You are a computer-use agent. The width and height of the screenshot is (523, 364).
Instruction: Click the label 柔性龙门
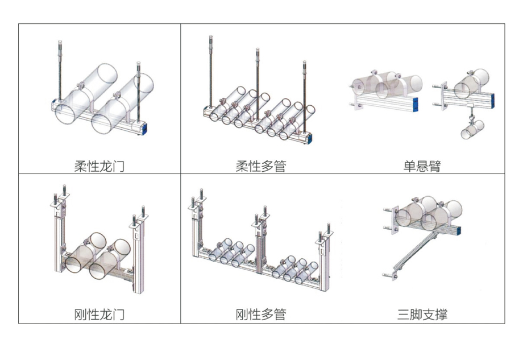pyautogui.click(x=99, y=167)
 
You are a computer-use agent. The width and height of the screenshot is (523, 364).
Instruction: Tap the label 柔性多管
pyautogui.click(x=261, y=167)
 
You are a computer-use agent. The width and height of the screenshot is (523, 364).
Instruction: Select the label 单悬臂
pyautogui.click(x=422, y=167)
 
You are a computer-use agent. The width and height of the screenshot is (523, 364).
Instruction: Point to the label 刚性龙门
pyautogui.click(x=99, y=314)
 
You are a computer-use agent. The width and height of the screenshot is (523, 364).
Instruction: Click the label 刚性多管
pyautogui.click(x=261, y=314)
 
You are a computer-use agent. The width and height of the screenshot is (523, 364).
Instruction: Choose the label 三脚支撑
pyautogui.click(x=422, y=314)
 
